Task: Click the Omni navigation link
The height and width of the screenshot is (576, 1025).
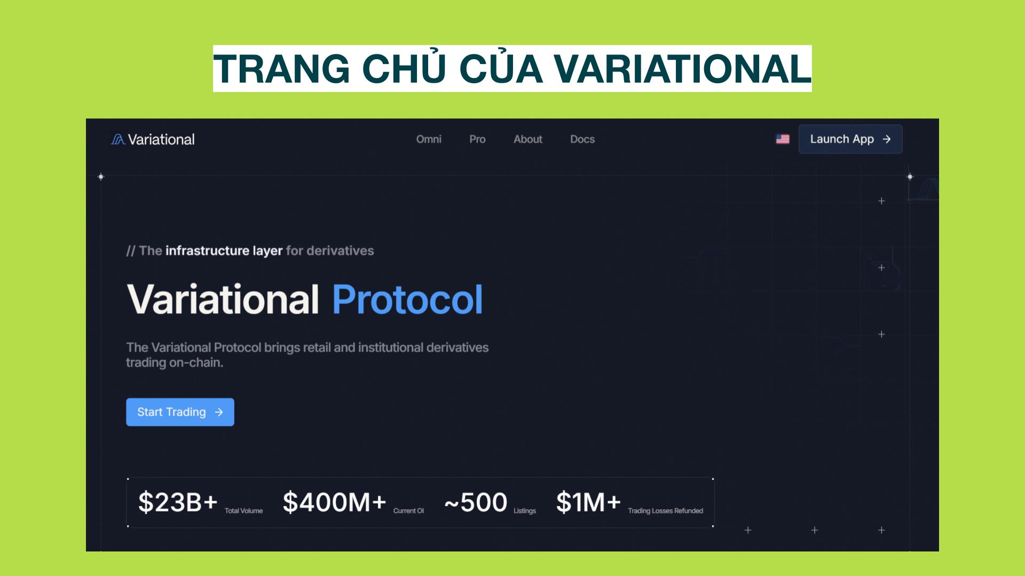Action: pyautogui.click(x=429, y=139)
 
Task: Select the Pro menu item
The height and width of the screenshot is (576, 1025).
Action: pyautogui.click(x=477, y=139)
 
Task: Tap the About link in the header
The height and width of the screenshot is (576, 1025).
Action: pyautogui.click(x=527, y=139)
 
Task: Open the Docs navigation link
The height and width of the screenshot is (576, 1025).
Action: pyautogui.click(x=582, y=139)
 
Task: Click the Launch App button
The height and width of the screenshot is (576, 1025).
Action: pyautogui.click(x=850, y=139)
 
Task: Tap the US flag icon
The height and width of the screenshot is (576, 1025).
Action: pyautogui.click(x=783, y=139)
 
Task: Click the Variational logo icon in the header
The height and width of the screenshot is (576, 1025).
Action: pyautogui.click(x=118, y=140)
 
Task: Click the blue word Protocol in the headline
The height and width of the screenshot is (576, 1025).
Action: pyautogui.click(x=407, y=299)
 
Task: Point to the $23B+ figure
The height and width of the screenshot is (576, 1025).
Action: pyautogui.click(x=178, y=502)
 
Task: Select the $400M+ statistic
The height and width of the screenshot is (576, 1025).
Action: pyautogui.click(x=334, y=502)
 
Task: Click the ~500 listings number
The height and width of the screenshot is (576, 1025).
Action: pyautogui.click(x=476, y=502)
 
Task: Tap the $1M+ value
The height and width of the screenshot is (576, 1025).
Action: pyautogui.click(x=588, y=502)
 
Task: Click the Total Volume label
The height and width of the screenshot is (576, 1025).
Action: pyautogui.click(x=243, y=511)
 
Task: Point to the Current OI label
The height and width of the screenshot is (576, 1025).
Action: pyautogui.click(x=408, y=511)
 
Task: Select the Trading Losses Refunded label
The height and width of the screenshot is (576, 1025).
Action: pyautogui.click(x=665, y=511)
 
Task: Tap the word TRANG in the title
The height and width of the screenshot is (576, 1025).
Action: pyautogui.click(x=281, y=69)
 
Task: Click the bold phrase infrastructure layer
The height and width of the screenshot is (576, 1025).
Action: pyautogui.click(x=224, y=251)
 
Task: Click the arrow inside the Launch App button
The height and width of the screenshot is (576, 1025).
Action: pyautogui.click(x=887, y=139)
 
